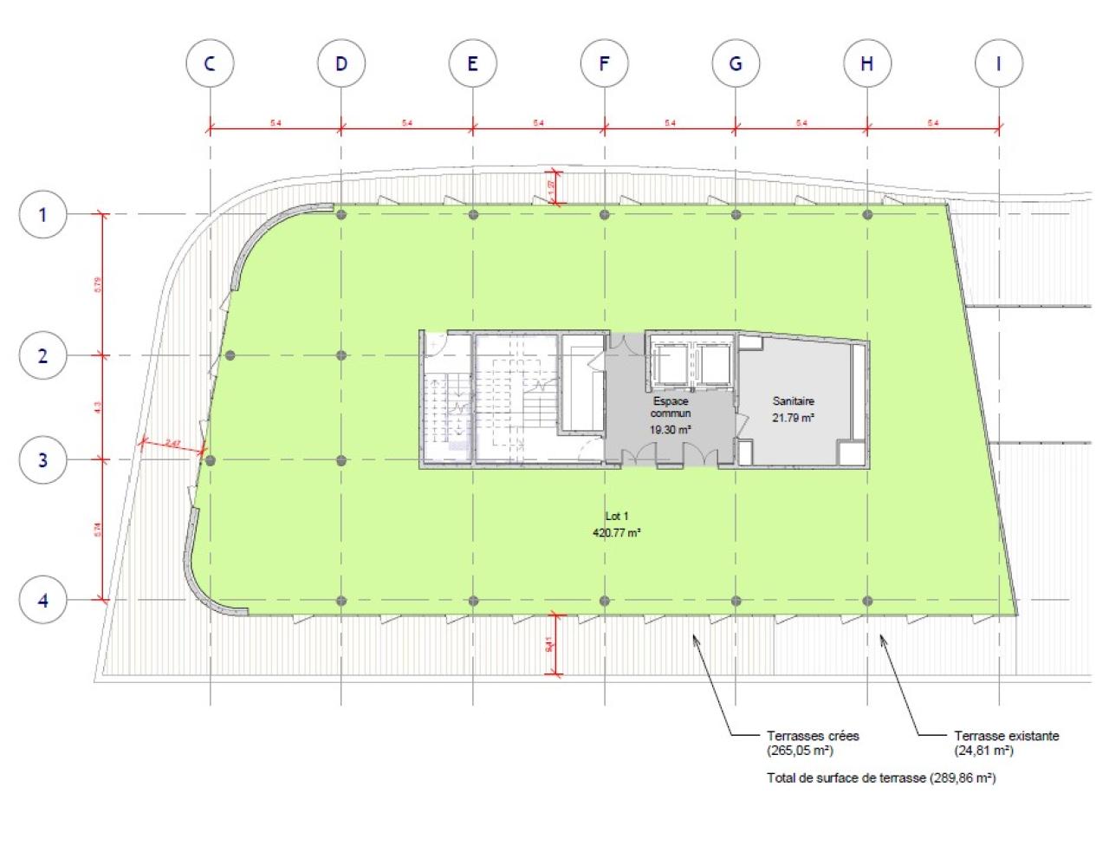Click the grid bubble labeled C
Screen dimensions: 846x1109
pyautogui.click(x=210, y=63)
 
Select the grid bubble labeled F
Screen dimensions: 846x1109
pyautogui.click(x=604, y=63)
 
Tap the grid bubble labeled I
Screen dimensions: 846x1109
pyautogui.click(x=998, y=63)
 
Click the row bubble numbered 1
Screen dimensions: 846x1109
pyautogui.click(x=43, y=214)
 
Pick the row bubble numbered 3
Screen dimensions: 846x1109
pyautogui.click(x=43, y=459)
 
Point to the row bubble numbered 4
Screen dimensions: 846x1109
pyautogui.click(x=43, y=600)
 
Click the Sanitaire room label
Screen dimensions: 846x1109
pyautogui.click(x=793, y=401)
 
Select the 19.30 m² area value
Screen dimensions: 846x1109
pyautogui.click(x=670, y=430)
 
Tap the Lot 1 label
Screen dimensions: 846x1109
pyautogui.click(x=617, y=517)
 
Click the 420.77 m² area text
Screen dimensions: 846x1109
pyautogui.click(x=617, y=533)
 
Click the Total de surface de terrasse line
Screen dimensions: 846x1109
pyautogui.click(x=881, y=778)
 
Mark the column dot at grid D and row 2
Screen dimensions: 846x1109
pyautogui.click(x=341, y=355)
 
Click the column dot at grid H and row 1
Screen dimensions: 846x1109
pyautogui.click(x=867, y=214)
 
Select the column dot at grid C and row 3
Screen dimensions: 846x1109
pyautogui.click(x=210, y=460)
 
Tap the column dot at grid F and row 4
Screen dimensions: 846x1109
pyautogui.click(x=605, y=601)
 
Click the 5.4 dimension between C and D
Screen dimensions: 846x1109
pyautogui.click(x=276, y=123)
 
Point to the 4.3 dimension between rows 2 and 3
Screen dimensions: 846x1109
pyautogui.click(x=97, y=407)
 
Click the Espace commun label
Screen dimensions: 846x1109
pyautogui.click(x=671, y=407)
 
